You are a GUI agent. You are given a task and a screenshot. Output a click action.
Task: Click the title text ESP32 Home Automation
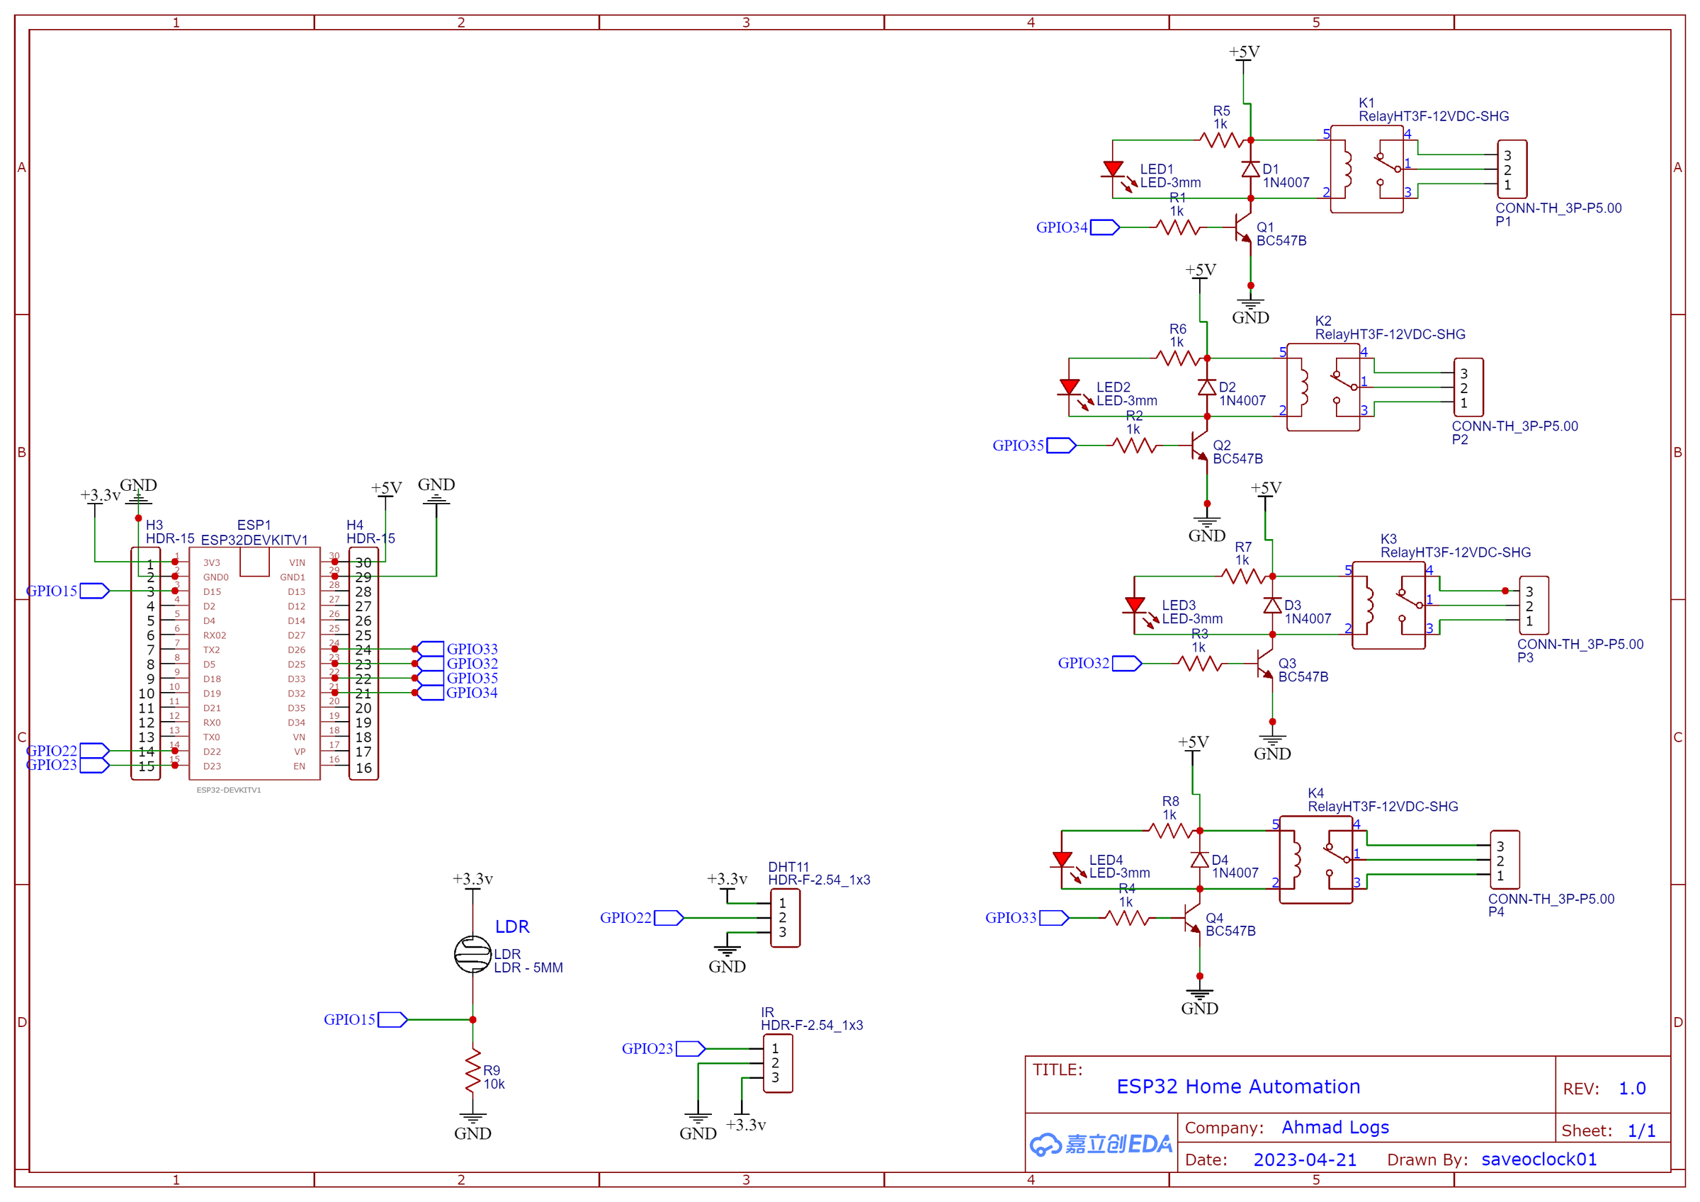pyautogui.click(x=1238, y=1087)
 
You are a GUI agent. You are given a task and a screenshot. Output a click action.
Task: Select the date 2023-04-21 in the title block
pyautogui.click(x=1305, y=1160)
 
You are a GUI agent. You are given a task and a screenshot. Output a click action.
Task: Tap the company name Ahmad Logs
pyautogui.click(x=1335, y=1127)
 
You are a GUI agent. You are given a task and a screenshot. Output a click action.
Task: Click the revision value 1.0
pyautogui.click(x=1631, y=1089)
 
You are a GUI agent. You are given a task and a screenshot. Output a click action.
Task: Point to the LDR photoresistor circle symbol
pyautogui.click(x=472, y=954)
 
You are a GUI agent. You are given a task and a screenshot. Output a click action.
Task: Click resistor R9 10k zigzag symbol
pyautogui.click(x=472, y=1070)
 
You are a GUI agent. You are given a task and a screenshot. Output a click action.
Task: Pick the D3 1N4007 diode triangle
pyautogui.click(x=1272, y=605)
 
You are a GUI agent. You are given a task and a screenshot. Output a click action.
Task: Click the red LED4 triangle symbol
pyautogui.click(x=1062, y=860)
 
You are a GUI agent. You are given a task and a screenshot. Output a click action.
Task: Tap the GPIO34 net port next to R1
pyautogui.click(x=1104, y=227)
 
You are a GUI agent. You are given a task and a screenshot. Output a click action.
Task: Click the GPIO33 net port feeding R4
pyautogui.click(x=1053, y=919)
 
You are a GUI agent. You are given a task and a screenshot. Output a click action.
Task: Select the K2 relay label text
pyautogui.click(x=1323, y=321)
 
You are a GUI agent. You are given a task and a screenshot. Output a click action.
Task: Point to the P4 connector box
pyautogui.click(x=1504, y=860)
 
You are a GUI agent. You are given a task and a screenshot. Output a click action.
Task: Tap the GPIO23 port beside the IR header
pyautogui.click(x=689, y=1049)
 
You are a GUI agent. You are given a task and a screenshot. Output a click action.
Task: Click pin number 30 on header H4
pyautogui.click(x=363, y=563)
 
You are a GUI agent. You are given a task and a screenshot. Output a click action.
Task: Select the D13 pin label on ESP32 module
pyautogui.click(x=296, y=591)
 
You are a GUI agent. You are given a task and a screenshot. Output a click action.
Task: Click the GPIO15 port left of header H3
pyautogui.click(x=94, y=591)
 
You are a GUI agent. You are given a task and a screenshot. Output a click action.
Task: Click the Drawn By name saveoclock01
pyautogui.click(x=1538, y=1160)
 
